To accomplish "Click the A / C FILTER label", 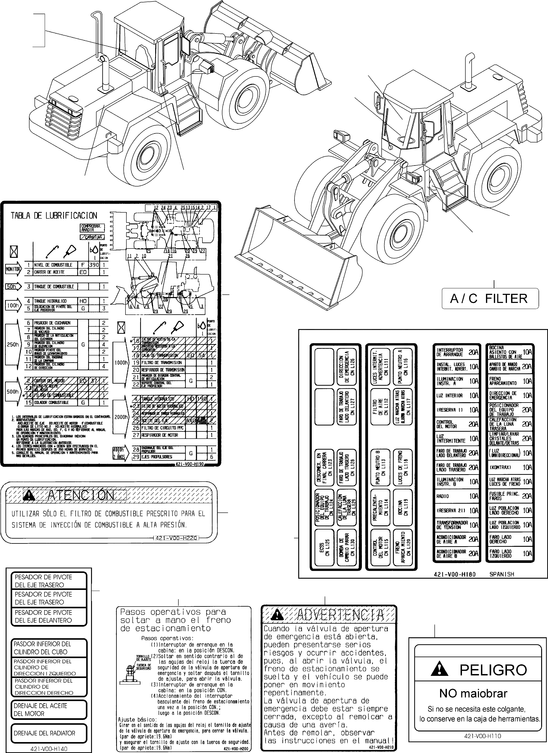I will click(490, 299).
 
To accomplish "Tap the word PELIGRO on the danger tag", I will click(493, 670).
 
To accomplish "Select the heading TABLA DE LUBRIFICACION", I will click(54, 216).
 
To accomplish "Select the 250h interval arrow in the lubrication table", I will click(13, 344).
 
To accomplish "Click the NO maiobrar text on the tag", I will click(473, 694).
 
